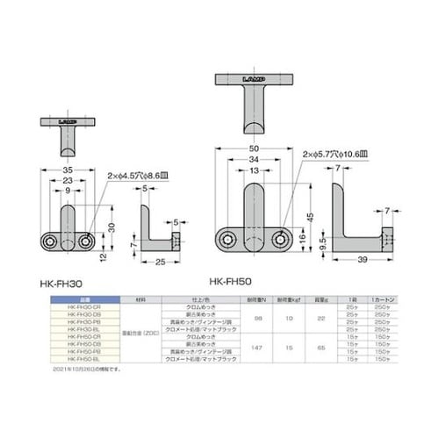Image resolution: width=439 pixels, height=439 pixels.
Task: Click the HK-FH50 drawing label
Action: [229, 283]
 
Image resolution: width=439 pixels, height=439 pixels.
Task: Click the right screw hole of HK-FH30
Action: [85, 240]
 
